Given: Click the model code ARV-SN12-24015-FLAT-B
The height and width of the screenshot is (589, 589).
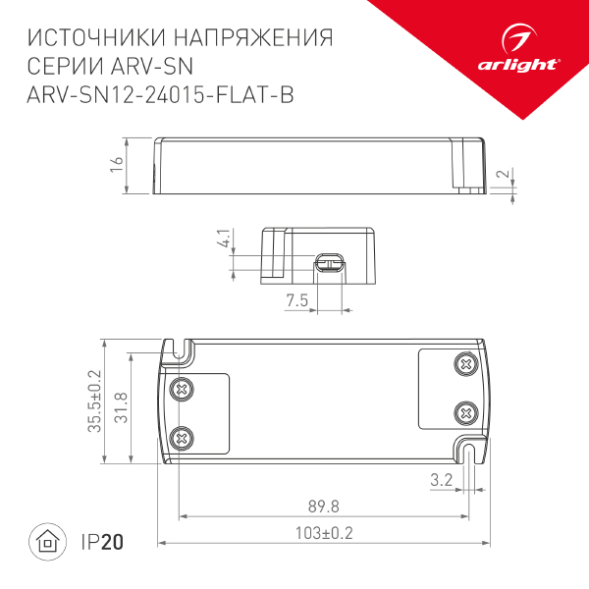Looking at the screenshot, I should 162,94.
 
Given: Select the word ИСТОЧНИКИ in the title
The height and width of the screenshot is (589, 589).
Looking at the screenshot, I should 94,39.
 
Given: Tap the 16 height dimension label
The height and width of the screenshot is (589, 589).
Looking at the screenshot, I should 117,166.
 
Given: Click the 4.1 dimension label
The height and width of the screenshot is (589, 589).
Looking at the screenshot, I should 224,239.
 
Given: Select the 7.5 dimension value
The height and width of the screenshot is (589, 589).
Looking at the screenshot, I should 297,298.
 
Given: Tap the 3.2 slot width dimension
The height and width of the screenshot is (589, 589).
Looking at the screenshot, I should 442,480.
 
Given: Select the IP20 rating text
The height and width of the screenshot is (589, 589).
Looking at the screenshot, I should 103,541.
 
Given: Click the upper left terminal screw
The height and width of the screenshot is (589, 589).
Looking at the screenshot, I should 180,389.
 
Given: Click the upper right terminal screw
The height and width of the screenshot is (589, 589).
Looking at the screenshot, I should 465,365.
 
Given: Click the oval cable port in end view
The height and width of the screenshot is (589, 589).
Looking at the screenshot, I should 329,262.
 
